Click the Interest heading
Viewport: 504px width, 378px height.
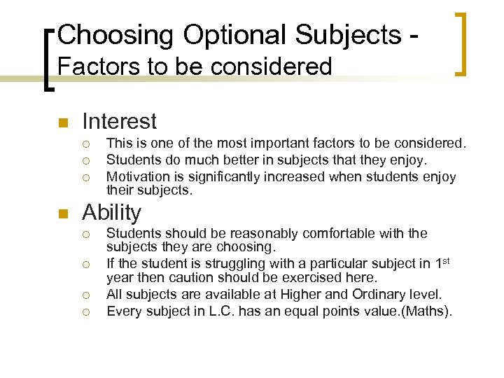pyautogui.click(x=119, y=122)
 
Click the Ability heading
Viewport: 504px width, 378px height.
pyautogui.click(x=111, y=213)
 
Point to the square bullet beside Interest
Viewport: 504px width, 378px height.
pyautogui.click(x=62, y=123)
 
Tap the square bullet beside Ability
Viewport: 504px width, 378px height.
pyautogui.click(x=62, y=214)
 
